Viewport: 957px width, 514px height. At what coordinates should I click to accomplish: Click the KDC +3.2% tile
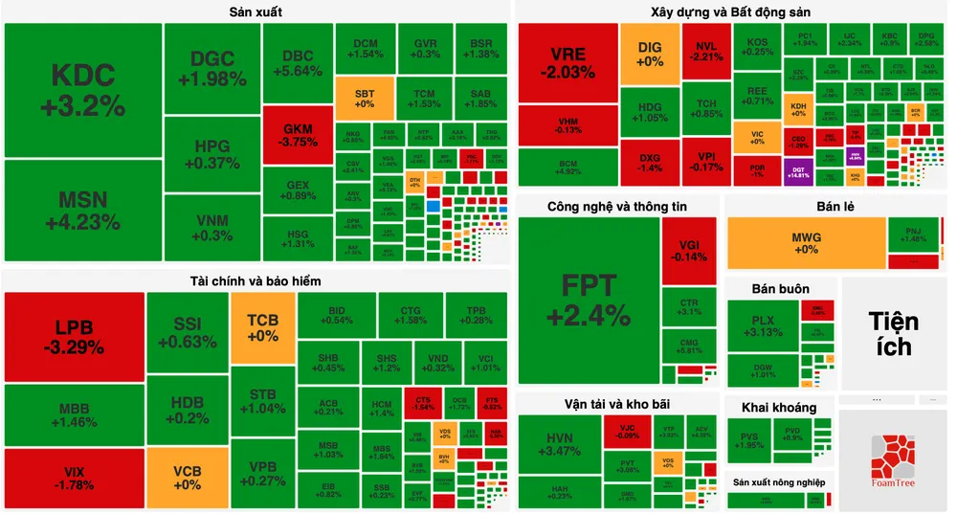pos(82,90)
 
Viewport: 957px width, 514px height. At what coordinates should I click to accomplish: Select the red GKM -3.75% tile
pos(298,135)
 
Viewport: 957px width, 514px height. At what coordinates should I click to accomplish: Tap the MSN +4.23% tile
pos(82,211)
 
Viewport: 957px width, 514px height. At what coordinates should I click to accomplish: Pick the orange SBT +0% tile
pos(365,99)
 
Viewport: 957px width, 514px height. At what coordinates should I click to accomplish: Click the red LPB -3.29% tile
pos(74,336)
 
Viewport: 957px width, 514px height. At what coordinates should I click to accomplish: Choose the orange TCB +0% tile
pos(262,328)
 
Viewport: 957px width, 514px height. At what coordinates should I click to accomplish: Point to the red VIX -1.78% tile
pos(74,479)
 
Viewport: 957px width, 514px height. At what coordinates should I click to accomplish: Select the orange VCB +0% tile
pos(188,478)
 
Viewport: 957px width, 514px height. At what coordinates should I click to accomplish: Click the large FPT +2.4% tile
pos(589,300)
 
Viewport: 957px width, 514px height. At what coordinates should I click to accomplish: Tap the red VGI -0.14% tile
pos(689,250)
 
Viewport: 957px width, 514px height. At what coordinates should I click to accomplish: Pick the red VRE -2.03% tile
pos(568,62)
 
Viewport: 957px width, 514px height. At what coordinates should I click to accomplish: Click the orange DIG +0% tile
pos(650,54)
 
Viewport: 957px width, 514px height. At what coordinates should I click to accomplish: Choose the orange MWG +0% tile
pos(806,243)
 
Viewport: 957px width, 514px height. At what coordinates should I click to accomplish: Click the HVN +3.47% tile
pos(559,444)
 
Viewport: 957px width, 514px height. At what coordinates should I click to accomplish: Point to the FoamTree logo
pos(893,459)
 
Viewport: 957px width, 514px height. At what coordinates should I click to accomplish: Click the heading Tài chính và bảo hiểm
pos(256,280)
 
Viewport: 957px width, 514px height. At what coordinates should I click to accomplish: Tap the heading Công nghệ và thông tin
pos(617,206)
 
